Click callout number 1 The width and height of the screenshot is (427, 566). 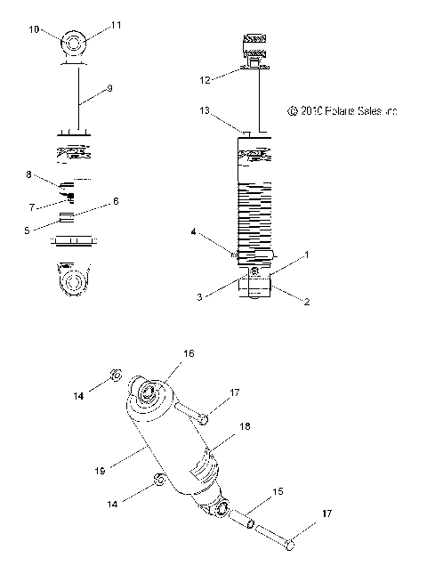tap(307, 255)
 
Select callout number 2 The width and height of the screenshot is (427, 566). tap(307, 302)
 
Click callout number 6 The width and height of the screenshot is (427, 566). tap(115, 202)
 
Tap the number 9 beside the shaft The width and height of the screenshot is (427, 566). tap(109, 89)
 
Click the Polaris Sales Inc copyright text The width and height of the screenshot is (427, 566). tap(342, 112)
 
